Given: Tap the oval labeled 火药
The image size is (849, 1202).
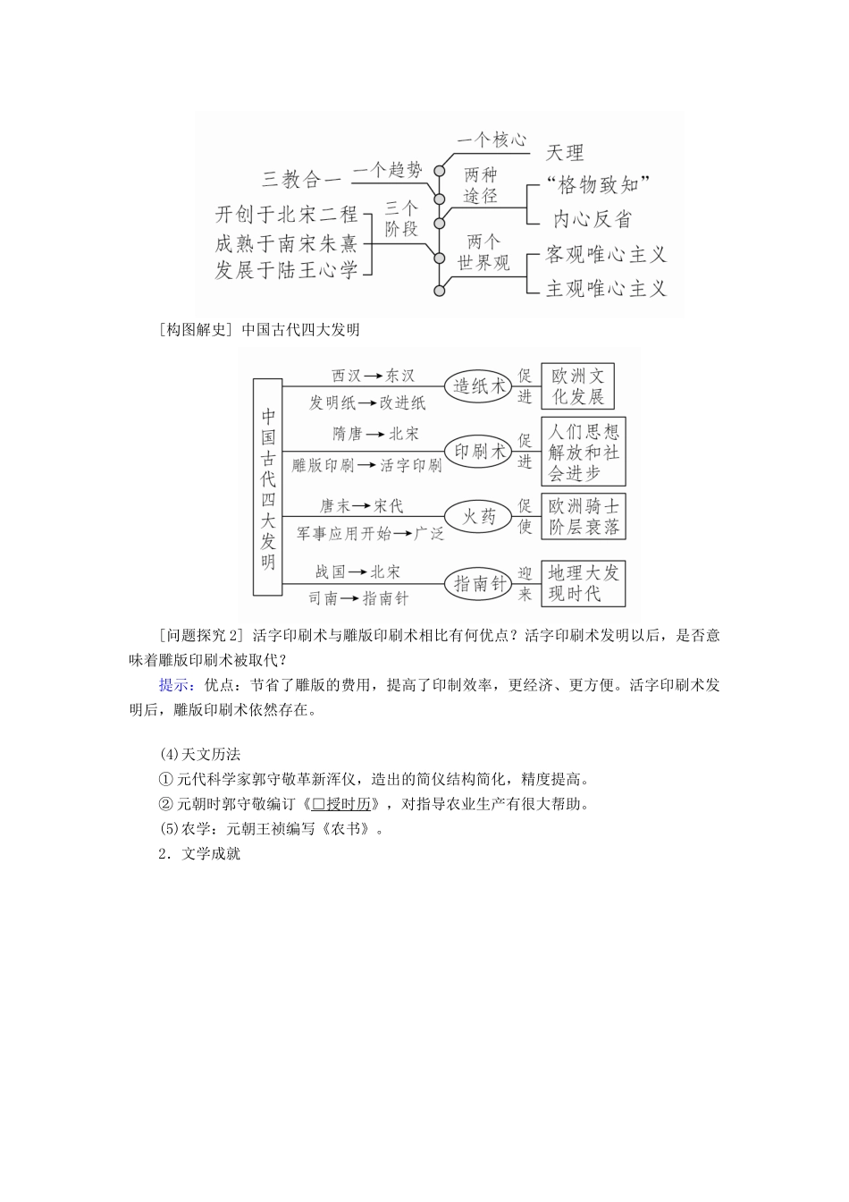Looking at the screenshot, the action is [x=478, y=516].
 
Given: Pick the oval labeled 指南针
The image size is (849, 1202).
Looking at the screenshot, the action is [x=480, y=583].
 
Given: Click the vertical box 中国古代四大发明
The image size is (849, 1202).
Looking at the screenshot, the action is [x=267, y=486].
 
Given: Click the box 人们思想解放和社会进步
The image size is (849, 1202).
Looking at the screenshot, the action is [x=583, y=452].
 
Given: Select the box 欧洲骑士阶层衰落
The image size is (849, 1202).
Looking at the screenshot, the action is [x=583, y=516].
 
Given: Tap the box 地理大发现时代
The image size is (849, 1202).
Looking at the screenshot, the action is [x=583, y=583].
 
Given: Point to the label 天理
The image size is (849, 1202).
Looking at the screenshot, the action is [x=565, y=153].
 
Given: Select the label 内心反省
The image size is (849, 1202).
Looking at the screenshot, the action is [x=592, y=218].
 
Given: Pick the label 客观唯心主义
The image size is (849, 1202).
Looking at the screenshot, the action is [x=606, y=255].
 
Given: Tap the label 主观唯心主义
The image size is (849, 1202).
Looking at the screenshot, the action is [x=606, y=288].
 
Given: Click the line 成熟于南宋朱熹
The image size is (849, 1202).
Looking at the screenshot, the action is [x=285, y=242].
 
